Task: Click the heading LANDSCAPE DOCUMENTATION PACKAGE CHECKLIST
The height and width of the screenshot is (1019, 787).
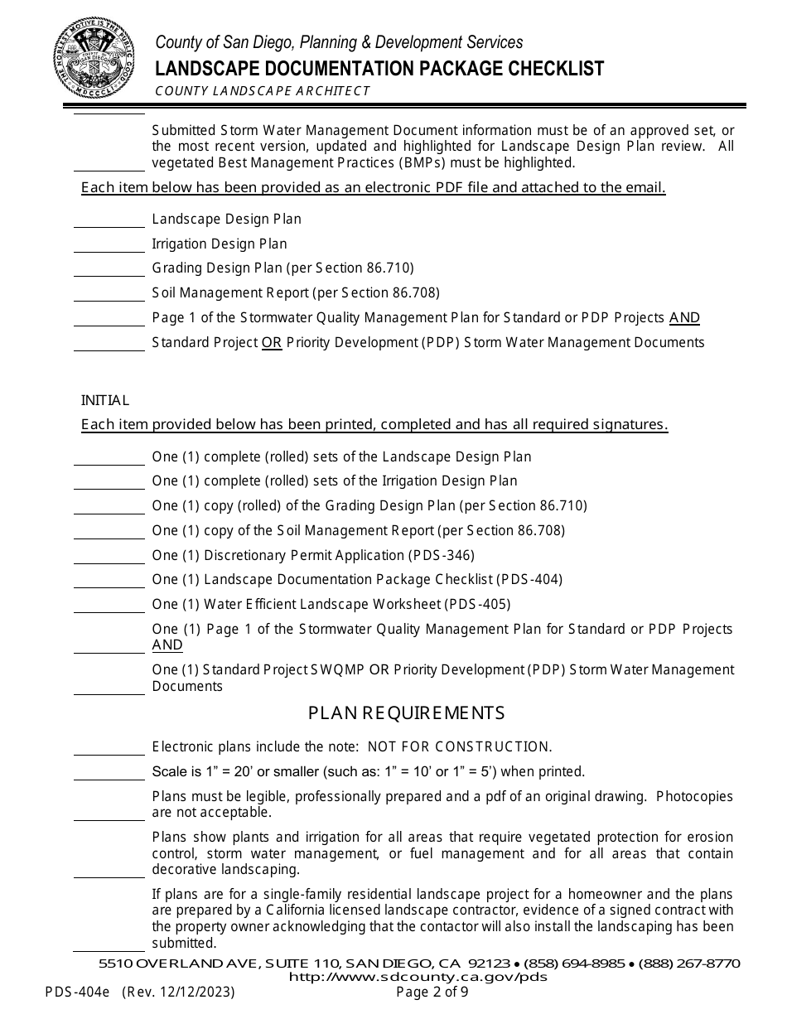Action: pos(380,69)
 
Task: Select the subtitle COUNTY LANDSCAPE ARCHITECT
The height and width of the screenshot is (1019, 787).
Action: pos(263,91)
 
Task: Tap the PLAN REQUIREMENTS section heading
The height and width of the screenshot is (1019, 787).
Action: pos(406,713)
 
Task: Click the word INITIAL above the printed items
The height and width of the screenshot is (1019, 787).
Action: pos(105,400)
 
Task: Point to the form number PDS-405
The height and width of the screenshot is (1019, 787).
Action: pos(477,604)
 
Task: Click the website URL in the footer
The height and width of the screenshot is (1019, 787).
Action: pos(418,977)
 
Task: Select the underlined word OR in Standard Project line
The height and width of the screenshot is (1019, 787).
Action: pos(272,342)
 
